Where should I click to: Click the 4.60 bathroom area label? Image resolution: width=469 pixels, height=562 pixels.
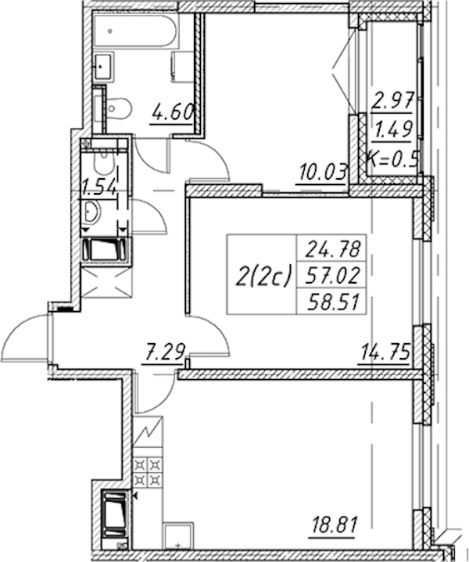point(173,113)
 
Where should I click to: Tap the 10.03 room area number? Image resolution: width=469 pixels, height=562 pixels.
point(323,173)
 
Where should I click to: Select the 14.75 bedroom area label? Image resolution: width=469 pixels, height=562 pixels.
point(385,352)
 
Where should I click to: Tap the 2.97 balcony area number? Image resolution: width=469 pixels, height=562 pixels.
point(394,100)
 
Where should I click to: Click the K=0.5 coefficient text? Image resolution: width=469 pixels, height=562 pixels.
point(393,159)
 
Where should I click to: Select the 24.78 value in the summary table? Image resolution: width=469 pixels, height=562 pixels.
point(332,249)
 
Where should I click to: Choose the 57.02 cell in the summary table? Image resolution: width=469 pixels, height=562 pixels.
point(332,276)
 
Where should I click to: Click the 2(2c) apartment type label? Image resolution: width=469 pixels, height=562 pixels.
point(262,275)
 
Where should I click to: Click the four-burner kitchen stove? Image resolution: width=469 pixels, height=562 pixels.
point(148,471)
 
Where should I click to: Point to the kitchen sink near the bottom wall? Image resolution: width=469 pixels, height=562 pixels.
point(178,536)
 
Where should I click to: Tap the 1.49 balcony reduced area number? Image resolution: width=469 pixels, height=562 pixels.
point(393,129)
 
